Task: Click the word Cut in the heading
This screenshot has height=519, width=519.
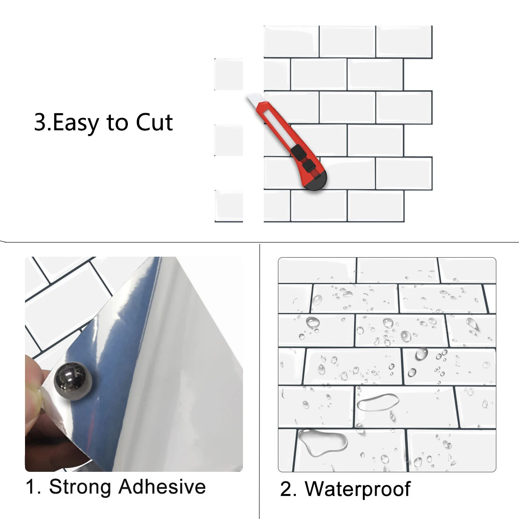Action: coord(154,122)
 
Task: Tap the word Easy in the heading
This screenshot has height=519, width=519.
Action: coord(76,123)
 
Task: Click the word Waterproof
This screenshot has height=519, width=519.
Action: coord(358,489)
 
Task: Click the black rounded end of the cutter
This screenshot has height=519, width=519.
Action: coord(317,182)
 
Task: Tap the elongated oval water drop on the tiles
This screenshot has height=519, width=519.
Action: coord(377,402)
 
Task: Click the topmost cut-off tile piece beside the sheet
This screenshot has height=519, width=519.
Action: coord(229,74)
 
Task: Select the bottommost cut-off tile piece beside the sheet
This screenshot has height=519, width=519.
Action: coord(229,206)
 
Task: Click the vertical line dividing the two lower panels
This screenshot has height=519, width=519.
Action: coord(260,377)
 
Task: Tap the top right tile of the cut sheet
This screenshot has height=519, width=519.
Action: coord(404,42)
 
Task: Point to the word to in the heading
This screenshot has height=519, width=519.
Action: coord(117,123)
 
